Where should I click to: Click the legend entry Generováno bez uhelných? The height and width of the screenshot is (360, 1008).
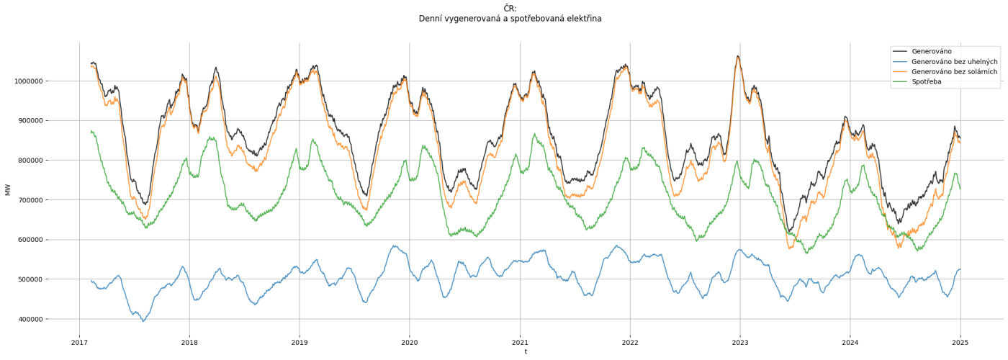(954, 62)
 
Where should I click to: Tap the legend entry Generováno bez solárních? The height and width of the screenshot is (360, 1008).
(954, 72)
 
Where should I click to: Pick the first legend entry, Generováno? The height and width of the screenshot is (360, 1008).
(931, 52)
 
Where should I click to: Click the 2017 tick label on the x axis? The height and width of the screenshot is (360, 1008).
(79, 343)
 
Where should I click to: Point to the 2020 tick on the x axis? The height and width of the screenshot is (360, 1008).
(410, 343)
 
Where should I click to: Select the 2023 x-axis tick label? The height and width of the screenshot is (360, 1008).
(739, 343)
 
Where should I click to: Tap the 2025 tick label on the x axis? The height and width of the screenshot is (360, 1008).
(960, 343)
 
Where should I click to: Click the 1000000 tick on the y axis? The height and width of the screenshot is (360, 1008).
(29, 81)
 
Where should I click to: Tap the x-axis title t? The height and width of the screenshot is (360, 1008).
(526, 352)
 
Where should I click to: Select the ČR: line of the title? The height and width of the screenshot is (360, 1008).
(510, 9)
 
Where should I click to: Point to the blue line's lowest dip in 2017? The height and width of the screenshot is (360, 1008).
(143, 321)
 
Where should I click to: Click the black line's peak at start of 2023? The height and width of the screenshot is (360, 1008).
(737, 56)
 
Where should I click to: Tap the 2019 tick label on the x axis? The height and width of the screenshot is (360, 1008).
(300, 343)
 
